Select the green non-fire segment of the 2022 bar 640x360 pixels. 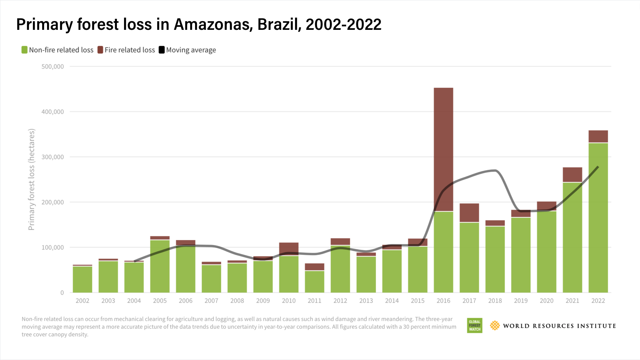coord(598,222)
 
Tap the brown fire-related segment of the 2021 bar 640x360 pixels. coord(572,174)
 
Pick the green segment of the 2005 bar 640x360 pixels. coord(160,266)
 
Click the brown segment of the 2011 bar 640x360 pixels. coord(314,267)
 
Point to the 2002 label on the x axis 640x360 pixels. coord(82,301)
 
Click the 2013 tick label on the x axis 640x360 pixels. coord(366,301)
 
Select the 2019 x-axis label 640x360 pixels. coord(521,301)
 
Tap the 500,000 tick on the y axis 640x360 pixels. coord(53,66)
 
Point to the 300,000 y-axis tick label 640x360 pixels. coord(53,157)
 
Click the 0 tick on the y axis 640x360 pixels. coord(62,293)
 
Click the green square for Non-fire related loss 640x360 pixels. coord(25,50)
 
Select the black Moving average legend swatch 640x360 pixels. coord(162,50)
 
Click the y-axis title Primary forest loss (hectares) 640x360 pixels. coord(31,179)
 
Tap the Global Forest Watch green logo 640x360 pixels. coord(474,326)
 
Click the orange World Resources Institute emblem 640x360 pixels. coord(495,326)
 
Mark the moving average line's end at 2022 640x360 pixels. coord(598,167)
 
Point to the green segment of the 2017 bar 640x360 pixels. coord(469,257)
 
